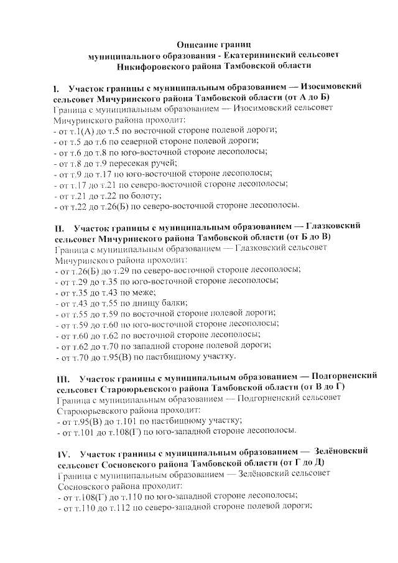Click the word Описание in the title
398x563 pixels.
pos(197,45)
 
